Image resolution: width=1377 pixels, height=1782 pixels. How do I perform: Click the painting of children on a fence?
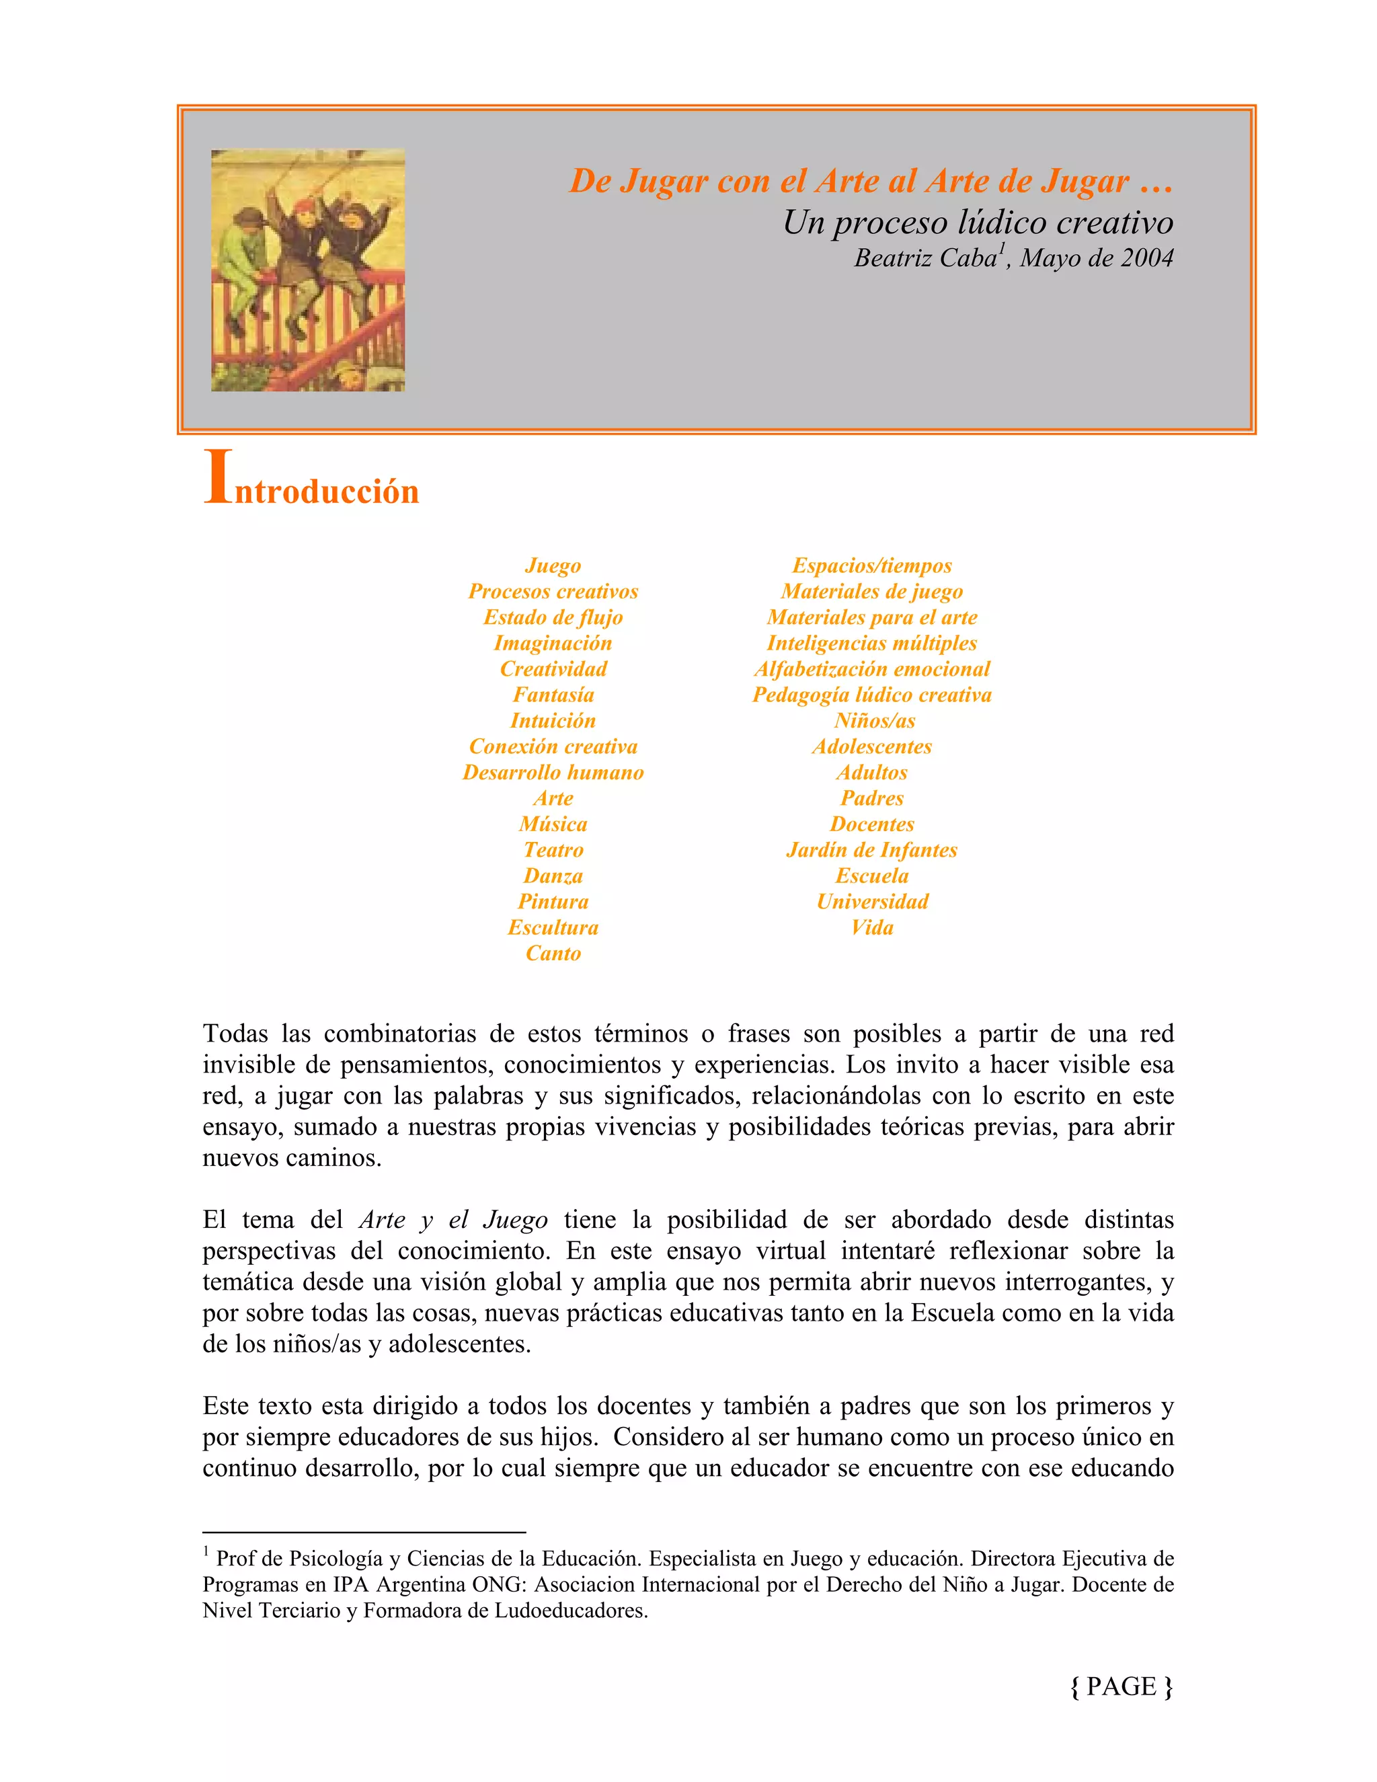point(307,270)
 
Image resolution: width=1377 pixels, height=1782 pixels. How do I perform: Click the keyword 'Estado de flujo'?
point(553,618)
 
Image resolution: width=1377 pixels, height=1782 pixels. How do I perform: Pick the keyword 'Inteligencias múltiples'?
point(871,644)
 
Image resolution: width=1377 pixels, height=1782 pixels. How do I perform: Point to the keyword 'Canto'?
point(553,954)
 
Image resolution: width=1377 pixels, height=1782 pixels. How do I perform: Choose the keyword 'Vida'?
point(871,928)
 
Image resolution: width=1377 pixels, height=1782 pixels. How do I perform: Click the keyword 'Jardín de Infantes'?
point(871,850)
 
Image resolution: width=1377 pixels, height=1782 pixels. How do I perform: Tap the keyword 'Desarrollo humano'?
point(553,773)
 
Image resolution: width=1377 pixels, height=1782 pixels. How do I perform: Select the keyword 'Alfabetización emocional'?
point(871,669)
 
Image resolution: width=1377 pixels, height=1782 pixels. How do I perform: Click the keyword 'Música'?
point(553,824)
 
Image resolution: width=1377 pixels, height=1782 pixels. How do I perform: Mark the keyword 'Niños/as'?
point(873,722)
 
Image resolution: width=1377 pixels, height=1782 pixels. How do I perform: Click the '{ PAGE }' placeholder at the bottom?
point(1121,1686)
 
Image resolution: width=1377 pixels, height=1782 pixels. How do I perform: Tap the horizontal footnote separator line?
point(364,1533)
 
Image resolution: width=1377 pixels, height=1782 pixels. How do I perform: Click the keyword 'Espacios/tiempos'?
point(871,566)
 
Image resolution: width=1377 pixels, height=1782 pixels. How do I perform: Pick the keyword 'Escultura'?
point(553,928)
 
